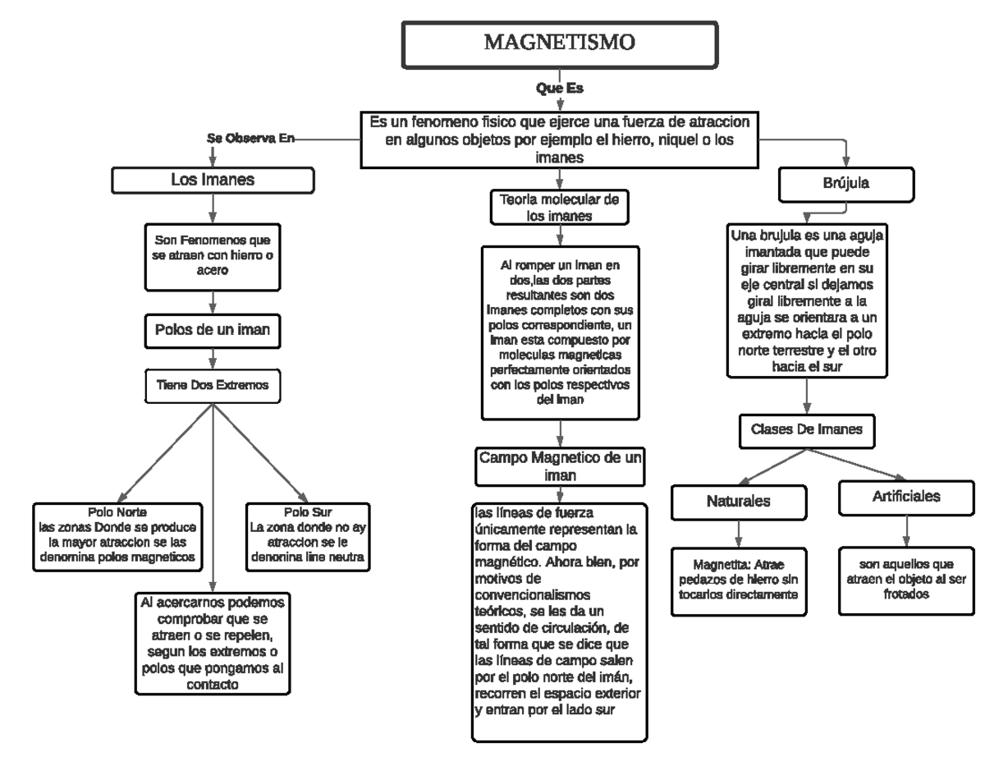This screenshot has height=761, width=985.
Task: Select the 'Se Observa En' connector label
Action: click(x=248, y=139)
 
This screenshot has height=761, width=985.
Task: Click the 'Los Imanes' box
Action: click(x=212, y=179)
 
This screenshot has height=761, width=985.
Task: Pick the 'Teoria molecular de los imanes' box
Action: click(x=559, y=207)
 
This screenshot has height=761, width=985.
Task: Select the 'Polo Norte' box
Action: click(x=117, y=535)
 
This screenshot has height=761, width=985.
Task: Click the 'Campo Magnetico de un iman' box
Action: click(x=559, y=465)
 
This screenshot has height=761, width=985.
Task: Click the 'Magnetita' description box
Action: click(x=739, y=580)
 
